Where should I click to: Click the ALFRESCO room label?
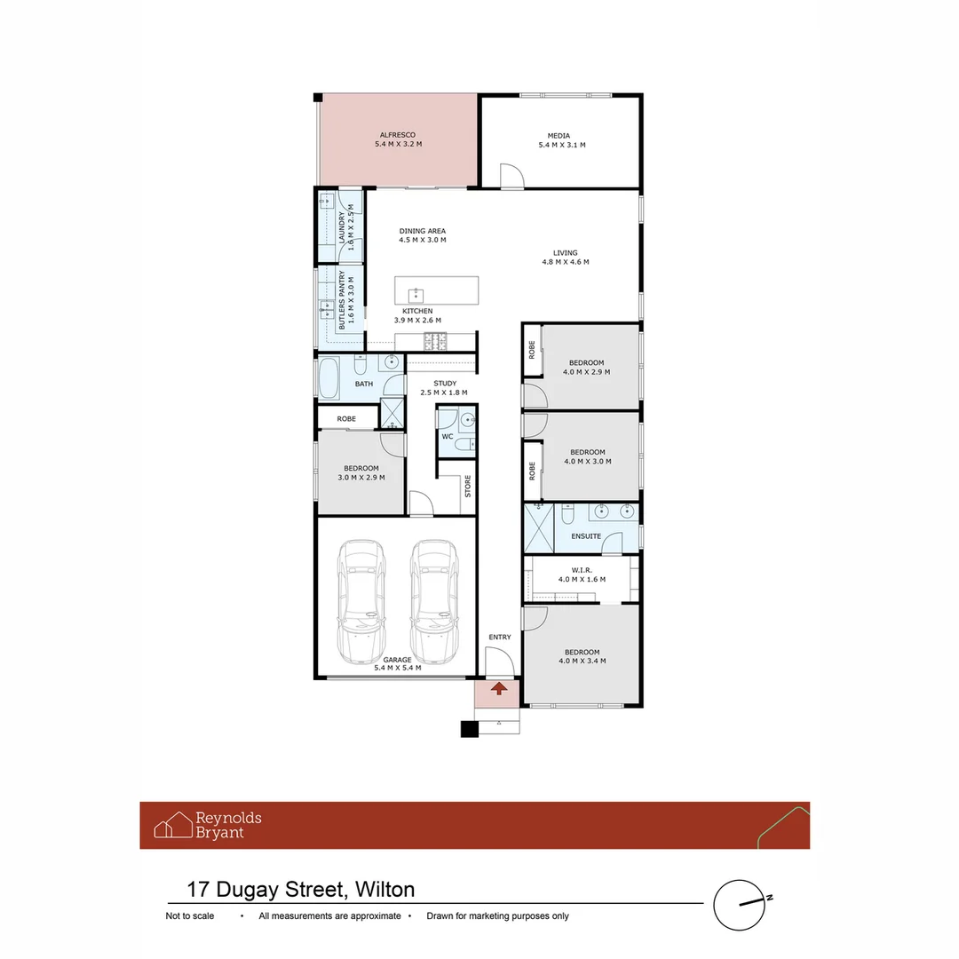coord(397,135)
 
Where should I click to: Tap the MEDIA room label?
coord(559,136)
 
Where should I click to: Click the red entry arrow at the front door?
coord(499,687)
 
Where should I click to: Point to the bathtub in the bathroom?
coord(329,378)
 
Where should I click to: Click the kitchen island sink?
coord(416,295)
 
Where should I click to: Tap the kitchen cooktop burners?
coord(436,340)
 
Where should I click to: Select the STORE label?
coord(467,486)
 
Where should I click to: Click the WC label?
coord(447,436)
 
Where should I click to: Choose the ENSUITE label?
coord(586,536)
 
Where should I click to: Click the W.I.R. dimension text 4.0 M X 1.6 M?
coord(582,579)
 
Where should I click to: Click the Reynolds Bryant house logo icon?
coord(173,825)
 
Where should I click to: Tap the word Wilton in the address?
coord(384,890)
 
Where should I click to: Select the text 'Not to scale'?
coord(189,916)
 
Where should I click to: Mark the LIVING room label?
coord(565,252)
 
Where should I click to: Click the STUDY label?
coord(444,383)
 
